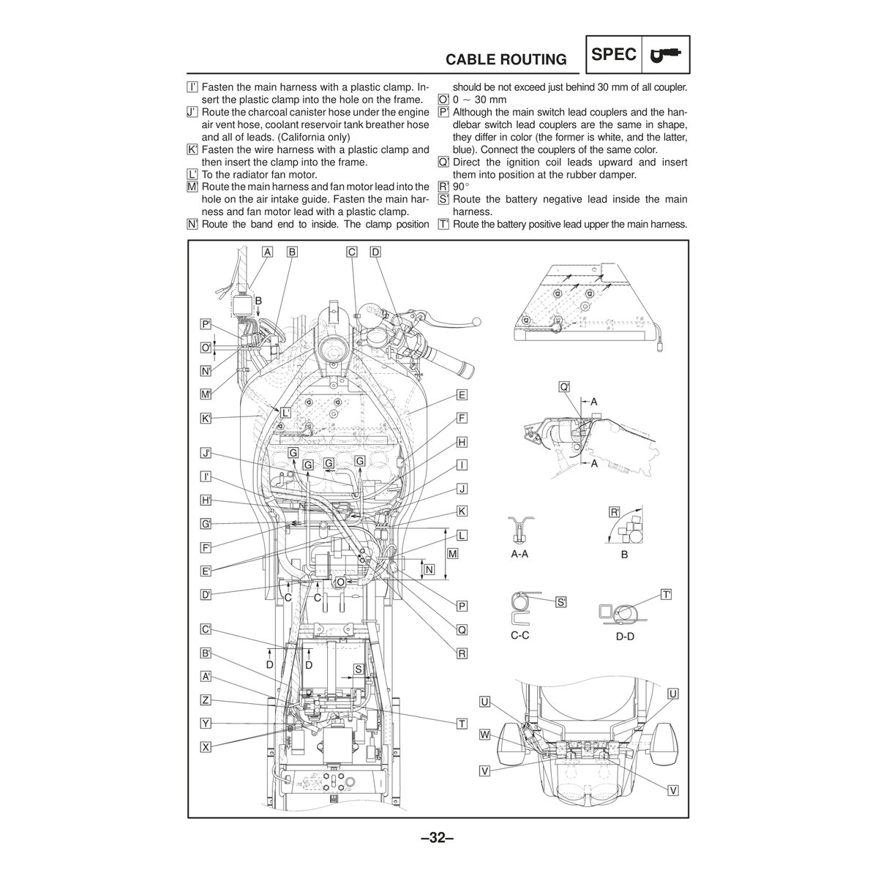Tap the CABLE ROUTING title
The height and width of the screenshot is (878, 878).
point(506,60)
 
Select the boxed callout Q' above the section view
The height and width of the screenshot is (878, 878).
point(564,387)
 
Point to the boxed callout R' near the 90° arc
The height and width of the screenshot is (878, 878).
point(615,512)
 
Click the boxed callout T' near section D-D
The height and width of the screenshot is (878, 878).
point(666,595)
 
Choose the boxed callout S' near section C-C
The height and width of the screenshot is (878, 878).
point(561,602)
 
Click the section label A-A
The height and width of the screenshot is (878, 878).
point(519,554)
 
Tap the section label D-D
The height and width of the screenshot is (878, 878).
point(625,637)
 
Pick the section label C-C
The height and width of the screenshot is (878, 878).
point(519,635)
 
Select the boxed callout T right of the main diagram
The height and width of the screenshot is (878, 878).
point(462,724)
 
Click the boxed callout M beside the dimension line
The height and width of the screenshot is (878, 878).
point(452,554)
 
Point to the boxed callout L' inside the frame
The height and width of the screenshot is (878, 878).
point(285,413)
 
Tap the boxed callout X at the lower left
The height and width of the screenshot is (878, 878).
point(206,747)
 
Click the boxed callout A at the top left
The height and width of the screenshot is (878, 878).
point(268,252)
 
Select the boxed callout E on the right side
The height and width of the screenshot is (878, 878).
point(462,394)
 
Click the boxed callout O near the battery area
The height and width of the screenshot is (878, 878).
point(340,582)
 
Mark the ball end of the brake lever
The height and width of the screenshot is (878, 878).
point(476,322)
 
